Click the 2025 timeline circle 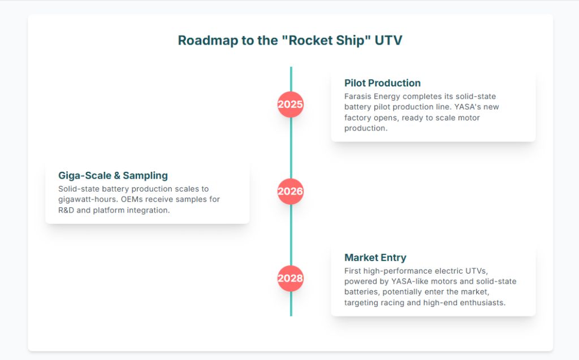291,105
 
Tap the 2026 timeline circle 291,192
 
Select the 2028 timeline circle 291,279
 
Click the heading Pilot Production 382,83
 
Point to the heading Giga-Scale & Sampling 113,175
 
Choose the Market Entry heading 375,258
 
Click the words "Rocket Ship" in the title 321,41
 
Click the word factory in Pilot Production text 359,118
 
